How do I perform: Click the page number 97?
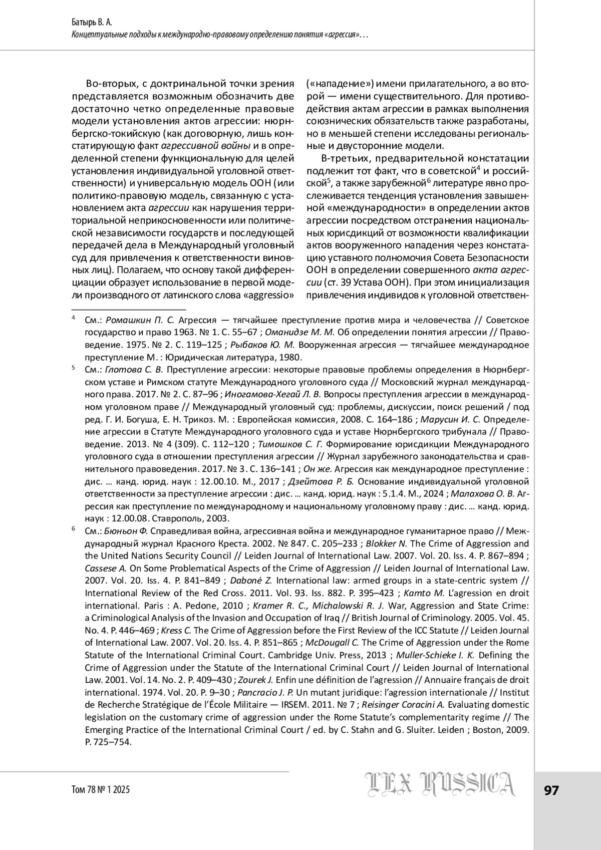tap(551, 790)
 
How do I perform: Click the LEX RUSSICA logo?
tap(441, 791)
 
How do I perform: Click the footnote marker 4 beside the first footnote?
tap(73, 318)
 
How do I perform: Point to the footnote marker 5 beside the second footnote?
tap(73, 368)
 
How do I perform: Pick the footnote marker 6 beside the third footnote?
tap(73, 528)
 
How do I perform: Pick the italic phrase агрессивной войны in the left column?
tap(206, 146)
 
